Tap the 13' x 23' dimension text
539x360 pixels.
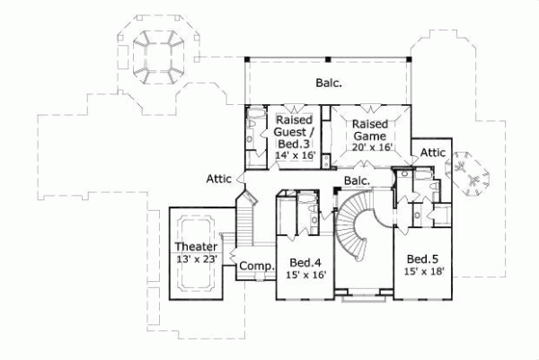pos(196,259)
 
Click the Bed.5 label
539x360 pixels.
pos(420,256)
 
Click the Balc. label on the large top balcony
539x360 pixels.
pos(327,83)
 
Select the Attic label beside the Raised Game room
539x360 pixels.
pos(433,153)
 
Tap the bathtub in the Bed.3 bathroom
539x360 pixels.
pos(252,135)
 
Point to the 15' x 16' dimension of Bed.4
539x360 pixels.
pos(305,276)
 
